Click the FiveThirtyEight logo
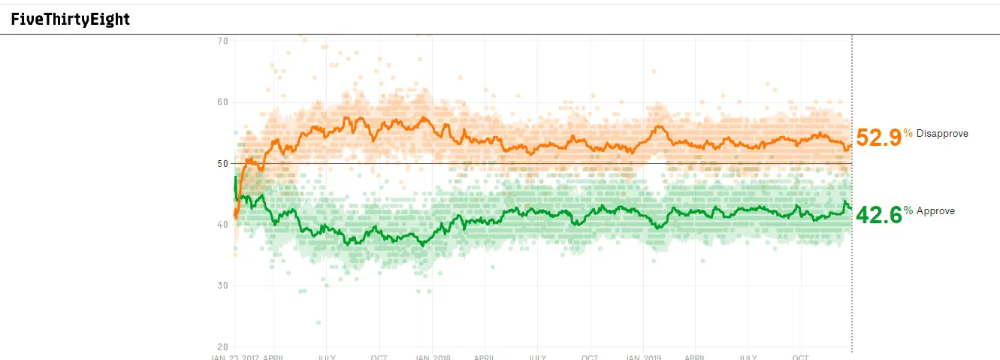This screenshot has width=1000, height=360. [71, 20]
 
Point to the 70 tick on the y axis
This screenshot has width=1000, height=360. [222, 41]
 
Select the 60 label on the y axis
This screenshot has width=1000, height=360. [222, 102]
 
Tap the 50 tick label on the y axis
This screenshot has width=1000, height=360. [222, 163]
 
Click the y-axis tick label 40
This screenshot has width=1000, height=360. [222, 225]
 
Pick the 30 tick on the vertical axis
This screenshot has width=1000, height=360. [222, 286]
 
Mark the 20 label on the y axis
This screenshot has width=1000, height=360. [222, 347]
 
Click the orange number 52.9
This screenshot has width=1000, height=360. [878, 138]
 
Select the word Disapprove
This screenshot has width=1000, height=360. [942, 134]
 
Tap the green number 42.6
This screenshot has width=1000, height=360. [878, 215]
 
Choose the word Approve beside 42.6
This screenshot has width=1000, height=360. [935, 211]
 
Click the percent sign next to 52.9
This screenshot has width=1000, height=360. [908, 133]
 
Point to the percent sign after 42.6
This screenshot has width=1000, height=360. [908, 210]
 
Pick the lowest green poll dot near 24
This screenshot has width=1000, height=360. [319, 322]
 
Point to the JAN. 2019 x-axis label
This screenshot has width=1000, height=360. [644, 357]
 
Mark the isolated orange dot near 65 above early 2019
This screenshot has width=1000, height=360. [654, 71]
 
